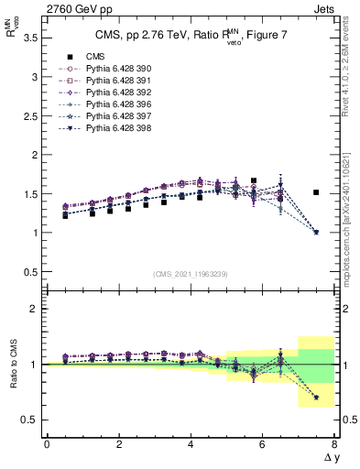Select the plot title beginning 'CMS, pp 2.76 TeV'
tap(191, 37)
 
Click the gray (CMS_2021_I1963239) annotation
tap(191, 274)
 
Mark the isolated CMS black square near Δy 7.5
tap(316, 192)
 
